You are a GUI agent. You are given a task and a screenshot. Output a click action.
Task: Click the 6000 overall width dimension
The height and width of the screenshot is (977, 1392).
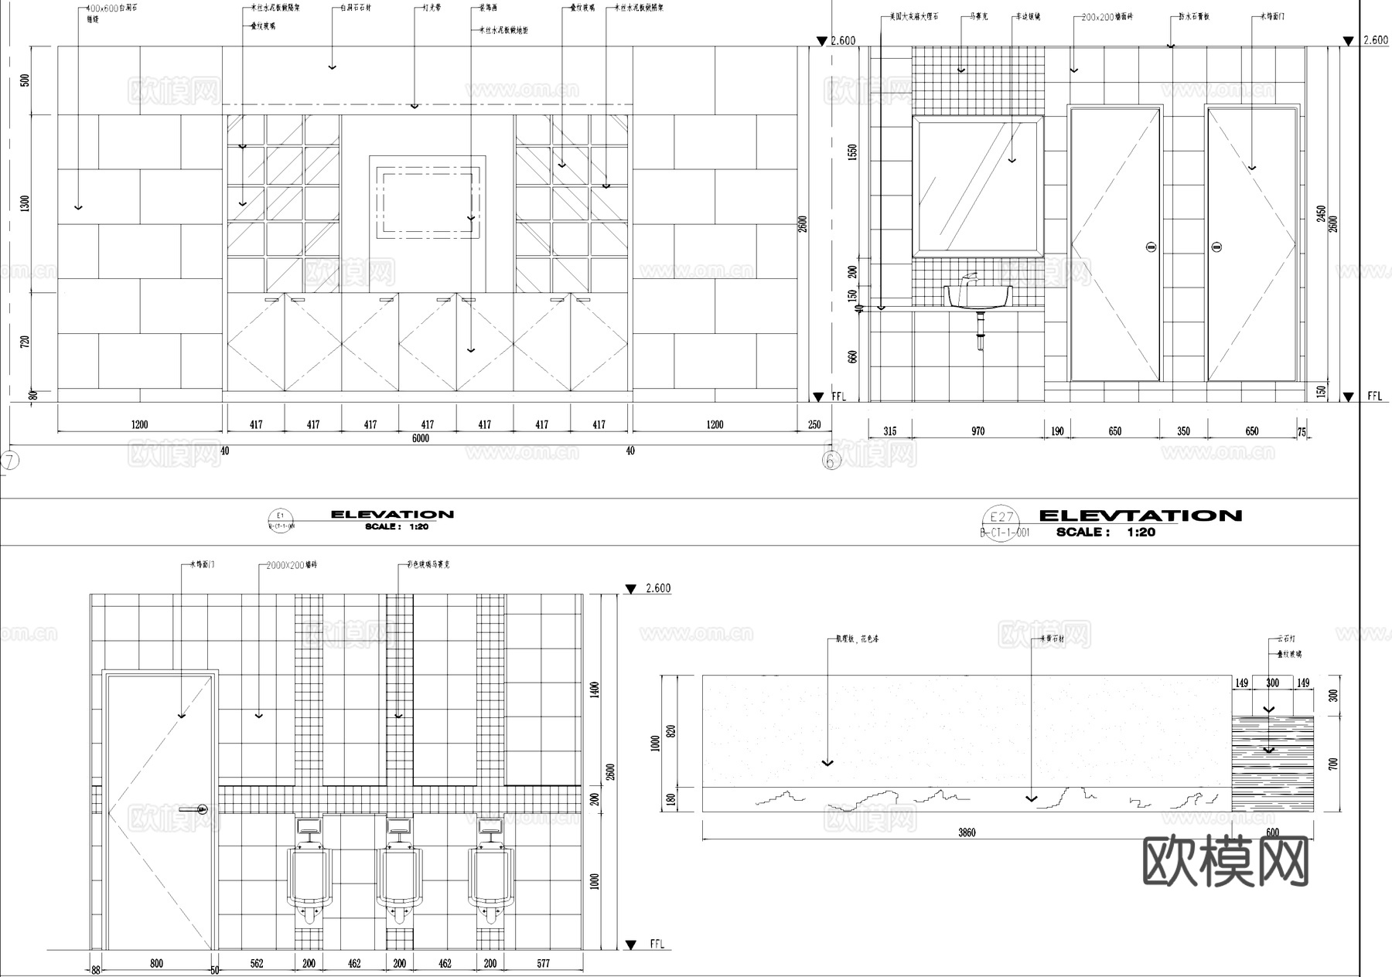[x=420, y=438]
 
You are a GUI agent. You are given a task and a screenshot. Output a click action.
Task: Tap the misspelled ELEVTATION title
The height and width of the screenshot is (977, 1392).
[x=1140, y=516]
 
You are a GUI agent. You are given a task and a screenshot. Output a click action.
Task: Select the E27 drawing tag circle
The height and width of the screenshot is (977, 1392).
[x=1001, y=518]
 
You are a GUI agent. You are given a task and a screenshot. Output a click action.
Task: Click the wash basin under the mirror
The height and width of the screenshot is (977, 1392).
[x=978, y=296]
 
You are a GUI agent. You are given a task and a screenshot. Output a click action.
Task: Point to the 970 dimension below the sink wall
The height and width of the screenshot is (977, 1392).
[x=977, y=431]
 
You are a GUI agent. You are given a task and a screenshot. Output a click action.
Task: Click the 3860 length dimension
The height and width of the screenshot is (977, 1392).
[x=967, y=832]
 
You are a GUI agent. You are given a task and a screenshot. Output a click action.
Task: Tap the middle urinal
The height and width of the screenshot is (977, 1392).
[x=400, y=877]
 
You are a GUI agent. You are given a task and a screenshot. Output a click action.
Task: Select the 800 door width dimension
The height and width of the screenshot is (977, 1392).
[x=156, y=963]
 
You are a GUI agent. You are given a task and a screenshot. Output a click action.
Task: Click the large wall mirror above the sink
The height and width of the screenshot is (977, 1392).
[x=977, y=186]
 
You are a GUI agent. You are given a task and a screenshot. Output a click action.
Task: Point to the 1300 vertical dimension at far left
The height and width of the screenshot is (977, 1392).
[x=25, y=204]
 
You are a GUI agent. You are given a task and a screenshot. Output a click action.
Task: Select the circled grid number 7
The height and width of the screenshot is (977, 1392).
[x=9, y=461]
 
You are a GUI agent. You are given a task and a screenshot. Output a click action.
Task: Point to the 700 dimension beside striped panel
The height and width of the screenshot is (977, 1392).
[x=1332, y=764]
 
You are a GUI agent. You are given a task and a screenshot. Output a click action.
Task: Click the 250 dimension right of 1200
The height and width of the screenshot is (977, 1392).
[x=814, y=424]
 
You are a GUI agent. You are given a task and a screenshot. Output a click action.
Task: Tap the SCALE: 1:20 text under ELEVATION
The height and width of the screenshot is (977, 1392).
[x=397, y=526]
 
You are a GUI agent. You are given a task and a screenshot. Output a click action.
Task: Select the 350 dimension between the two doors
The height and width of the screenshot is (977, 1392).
[x=1183, y=431]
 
